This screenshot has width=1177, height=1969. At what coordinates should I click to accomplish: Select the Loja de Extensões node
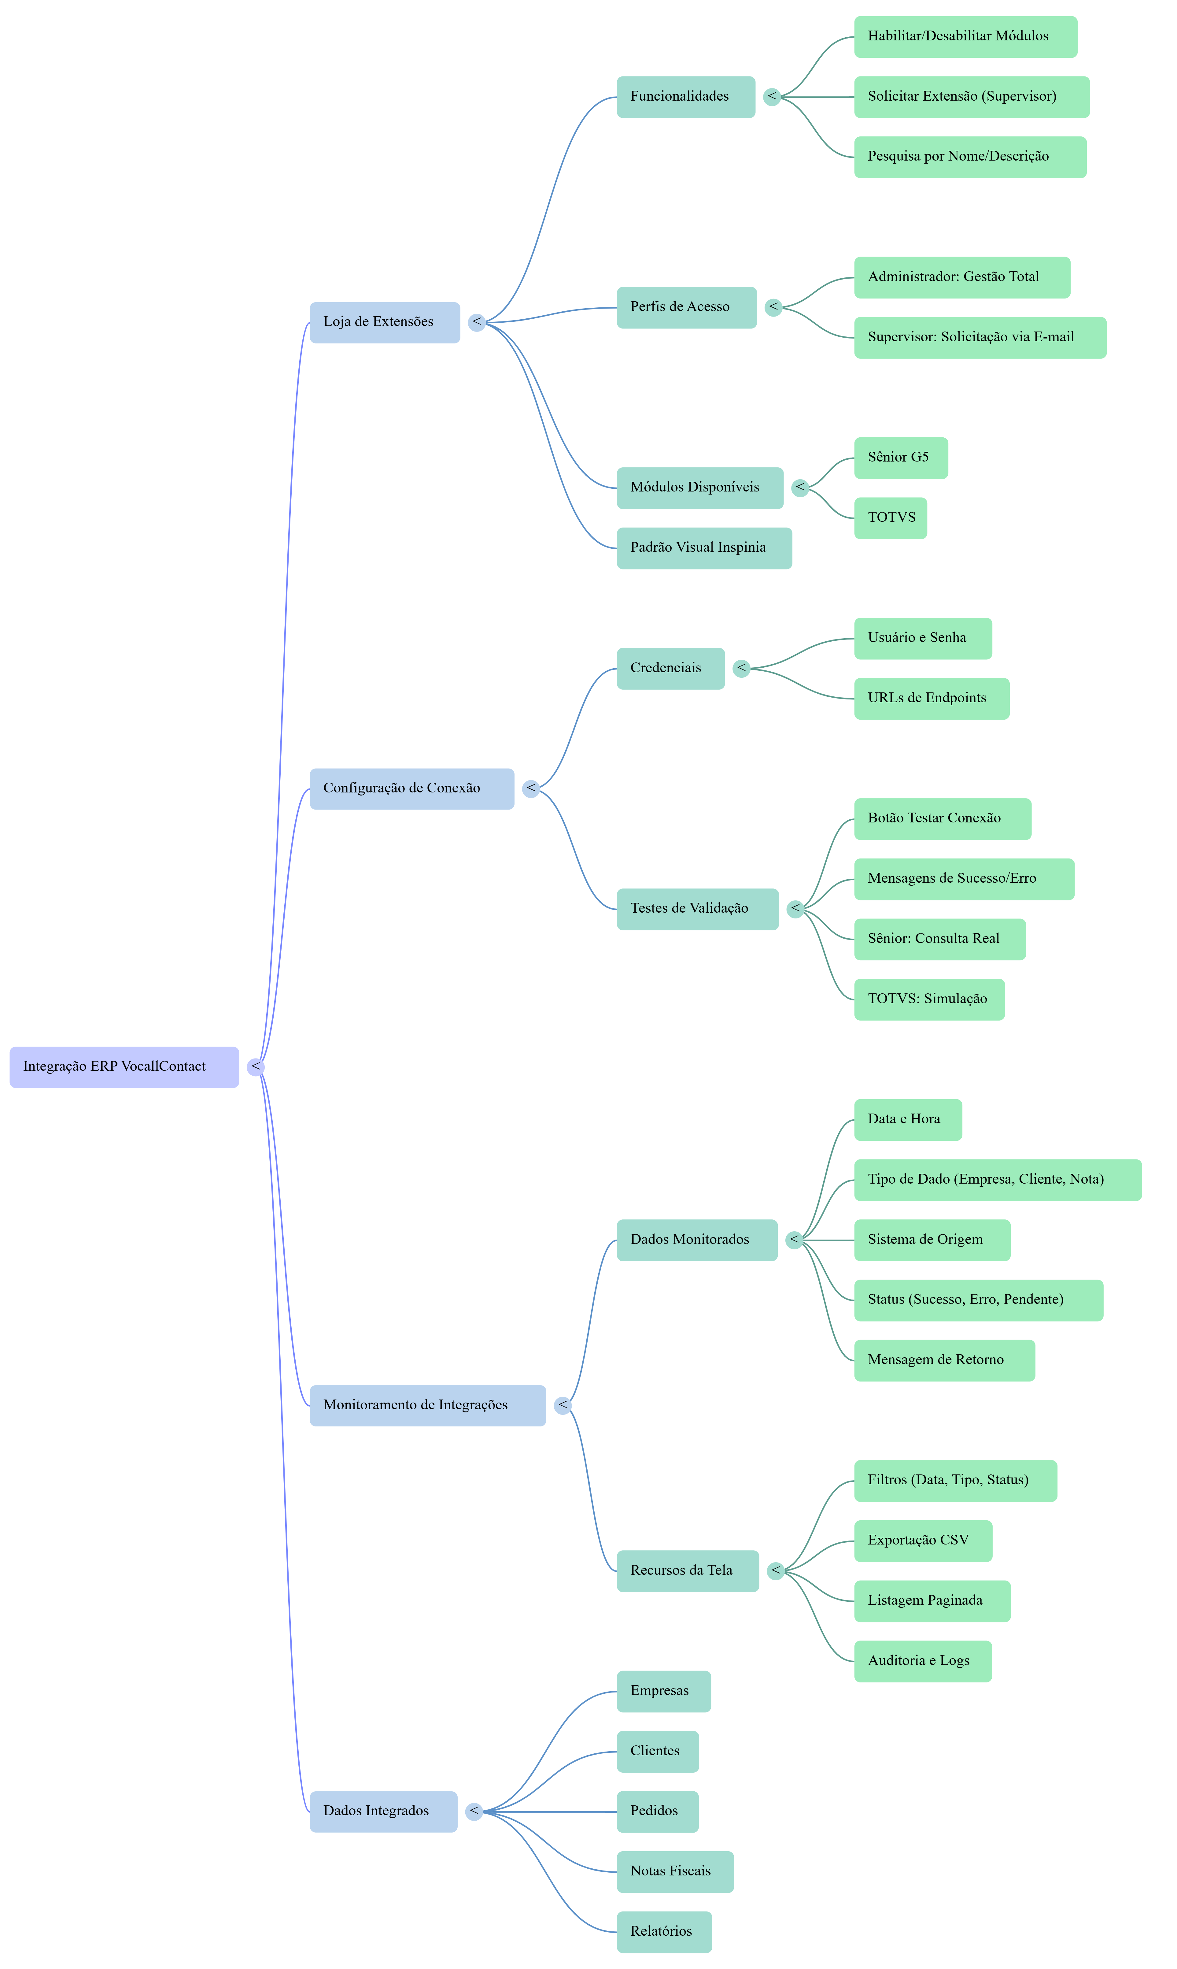(384, 322)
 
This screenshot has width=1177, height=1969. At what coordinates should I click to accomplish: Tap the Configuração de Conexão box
(411, 788)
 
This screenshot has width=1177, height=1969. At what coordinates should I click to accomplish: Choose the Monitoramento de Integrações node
(427, 1405)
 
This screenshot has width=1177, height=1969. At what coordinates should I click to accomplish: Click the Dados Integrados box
(382, 1811)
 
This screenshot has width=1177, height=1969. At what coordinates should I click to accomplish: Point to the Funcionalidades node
(685, 97)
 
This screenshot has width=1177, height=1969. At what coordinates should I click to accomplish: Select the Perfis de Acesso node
(686, 307)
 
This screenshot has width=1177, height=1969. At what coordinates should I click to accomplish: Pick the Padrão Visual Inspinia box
(703, 547)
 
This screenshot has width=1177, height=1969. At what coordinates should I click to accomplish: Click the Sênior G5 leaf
(900, 458)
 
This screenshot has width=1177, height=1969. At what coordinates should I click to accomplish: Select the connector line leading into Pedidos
(555, 1811)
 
